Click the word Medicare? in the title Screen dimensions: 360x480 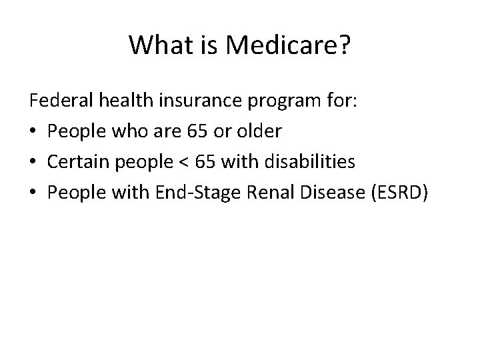287,45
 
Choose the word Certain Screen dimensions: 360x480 76,161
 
